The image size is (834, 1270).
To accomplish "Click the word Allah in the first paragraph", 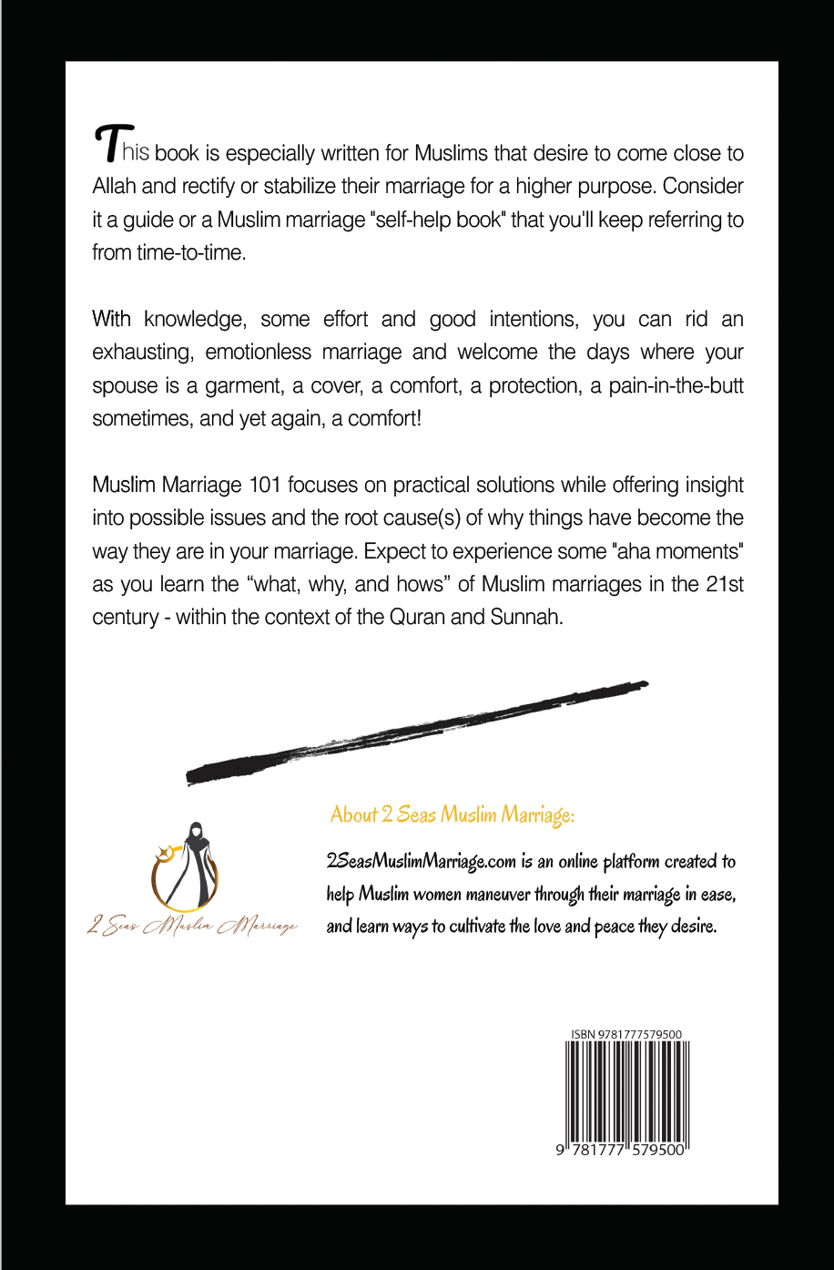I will click(115, 187).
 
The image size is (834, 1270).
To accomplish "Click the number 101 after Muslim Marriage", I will click(264, 485).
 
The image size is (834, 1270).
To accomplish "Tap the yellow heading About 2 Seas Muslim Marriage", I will click(452, 814).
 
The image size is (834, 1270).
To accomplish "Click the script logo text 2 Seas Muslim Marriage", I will click(192, 927).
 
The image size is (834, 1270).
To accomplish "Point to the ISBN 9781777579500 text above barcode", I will click(626, 1034).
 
